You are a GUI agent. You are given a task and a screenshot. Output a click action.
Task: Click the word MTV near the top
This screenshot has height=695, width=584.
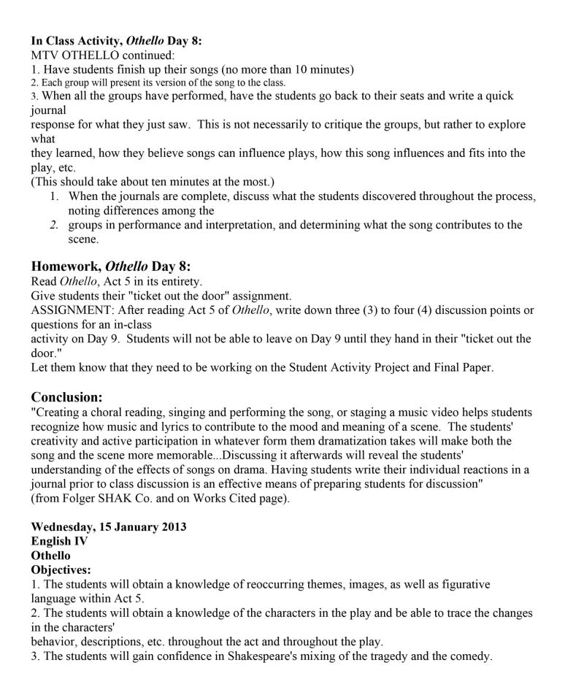tap(45, 55)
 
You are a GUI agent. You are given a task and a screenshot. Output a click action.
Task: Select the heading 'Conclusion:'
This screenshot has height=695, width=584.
tap(66, 397)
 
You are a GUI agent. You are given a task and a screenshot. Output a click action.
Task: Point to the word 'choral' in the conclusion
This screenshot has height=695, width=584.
tap(109, 413)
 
